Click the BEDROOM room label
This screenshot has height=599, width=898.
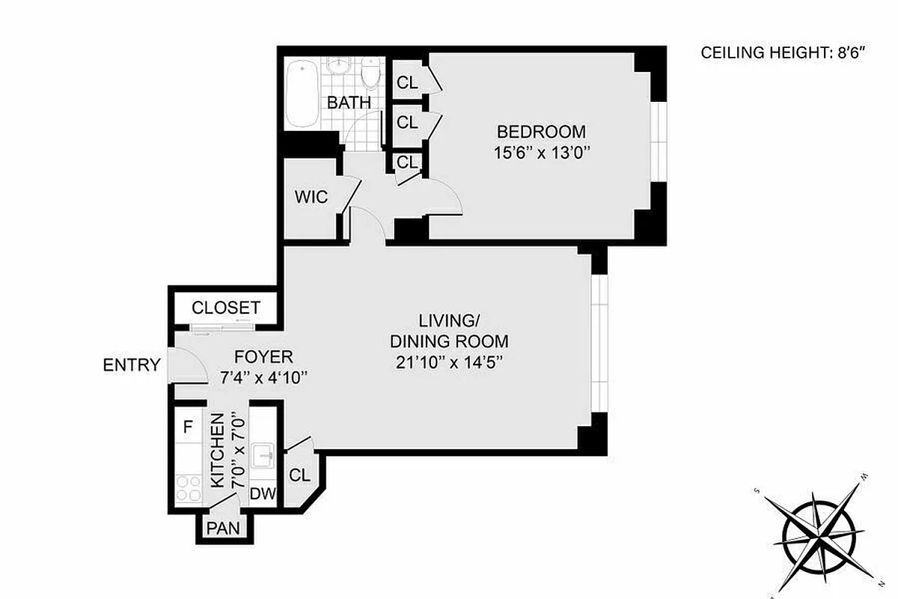pos(542,133)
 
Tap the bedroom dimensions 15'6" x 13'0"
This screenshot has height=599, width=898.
pos(542,152)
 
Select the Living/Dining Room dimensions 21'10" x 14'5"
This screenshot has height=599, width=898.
pos(449,362)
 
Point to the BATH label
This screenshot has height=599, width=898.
pos(349,103)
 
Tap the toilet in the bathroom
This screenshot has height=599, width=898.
pos(370,73)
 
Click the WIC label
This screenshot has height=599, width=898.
pos(311,198)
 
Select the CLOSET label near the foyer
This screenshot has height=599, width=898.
pos(226,308)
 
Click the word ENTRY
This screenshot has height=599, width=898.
pos(132,365)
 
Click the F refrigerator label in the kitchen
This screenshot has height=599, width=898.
pos(189,428)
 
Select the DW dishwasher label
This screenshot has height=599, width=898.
pos(262,493)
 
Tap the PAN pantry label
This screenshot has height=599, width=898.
pos(224,527)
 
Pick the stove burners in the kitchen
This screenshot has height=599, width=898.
pos(189,488)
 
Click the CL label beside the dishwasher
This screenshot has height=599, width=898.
pos(299,475)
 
